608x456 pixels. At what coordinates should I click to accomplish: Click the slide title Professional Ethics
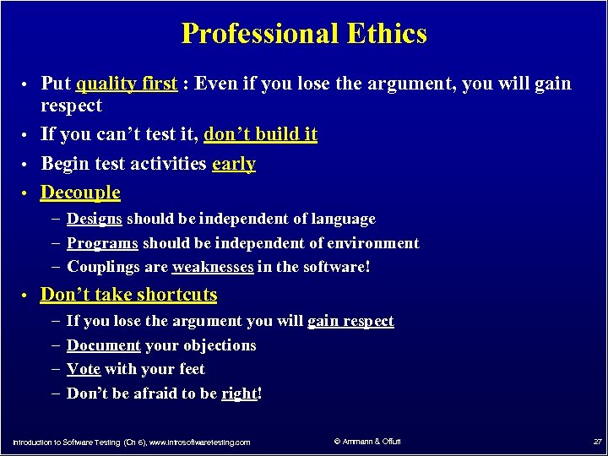(304, 34)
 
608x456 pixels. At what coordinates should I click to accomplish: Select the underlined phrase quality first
(127, 84)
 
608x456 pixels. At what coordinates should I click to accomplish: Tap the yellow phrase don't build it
(260, 134)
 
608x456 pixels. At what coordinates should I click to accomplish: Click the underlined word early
(234, 164)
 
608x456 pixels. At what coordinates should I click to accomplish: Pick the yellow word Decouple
(80, 193)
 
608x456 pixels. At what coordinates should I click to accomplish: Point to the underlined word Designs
(95, 219)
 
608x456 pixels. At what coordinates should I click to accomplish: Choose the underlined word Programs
(102, 243)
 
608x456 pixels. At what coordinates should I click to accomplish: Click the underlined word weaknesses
(212, 267)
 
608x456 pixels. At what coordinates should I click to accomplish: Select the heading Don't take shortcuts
(128, 295)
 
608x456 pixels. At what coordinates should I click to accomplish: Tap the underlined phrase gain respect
(350, 321)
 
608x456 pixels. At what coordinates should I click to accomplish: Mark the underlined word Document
(103, 345)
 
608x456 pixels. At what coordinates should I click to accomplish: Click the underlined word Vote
(84, 369)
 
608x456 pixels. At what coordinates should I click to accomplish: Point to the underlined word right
(239, 394)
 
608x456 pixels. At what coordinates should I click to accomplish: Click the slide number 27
(596, 442)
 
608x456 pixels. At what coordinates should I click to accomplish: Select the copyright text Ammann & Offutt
(367, 441)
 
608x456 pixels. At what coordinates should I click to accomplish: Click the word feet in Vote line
(190, 369)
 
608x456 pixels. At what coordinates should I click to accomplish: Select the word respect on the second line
(71, 106)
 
